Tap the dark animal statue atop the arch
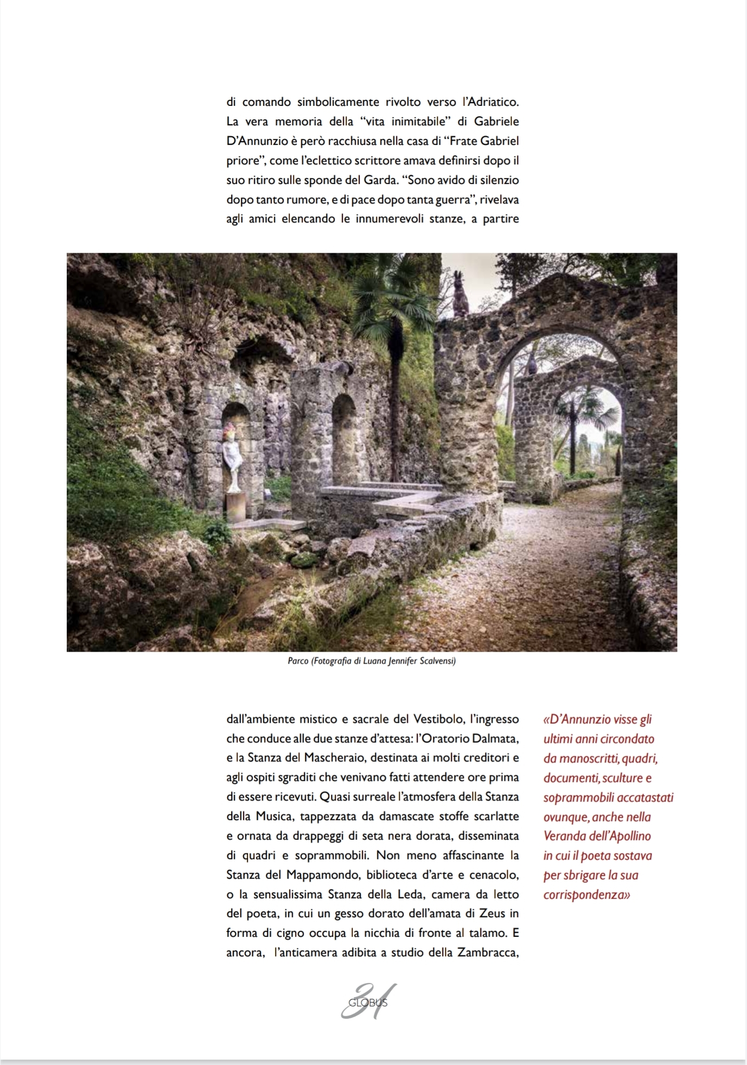pos(461,294)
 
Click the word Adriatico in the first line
pos(490,102)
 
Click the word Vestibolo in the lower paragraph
pos(438,719)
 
